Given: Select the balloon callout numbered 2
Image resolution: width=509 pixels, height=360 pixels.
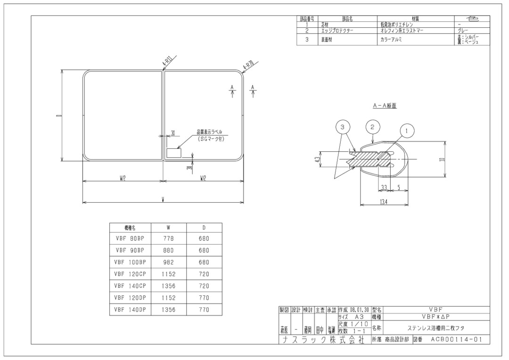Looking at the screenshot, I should pos(373,126).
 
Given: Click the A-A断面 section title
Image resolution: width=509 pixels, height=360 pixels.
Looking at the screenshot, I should pos(385,106).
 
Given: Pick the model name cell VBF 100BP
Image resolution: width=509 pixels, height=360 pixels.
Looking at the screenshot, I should pos(129,262).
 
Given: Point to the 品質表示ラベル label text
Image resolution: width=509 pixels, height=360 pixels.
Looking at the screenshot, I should pos(210,132).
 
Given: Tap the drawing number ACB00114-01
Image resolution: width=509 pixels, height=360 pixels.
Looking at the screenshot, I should pos(456,339).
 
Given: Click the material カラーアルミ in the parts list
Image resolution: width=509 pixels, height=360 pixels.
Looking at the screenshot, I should pos(391,40).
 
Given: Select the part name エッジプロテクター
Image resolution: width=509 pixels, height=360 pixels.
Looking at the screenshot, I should pos(337,31).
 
